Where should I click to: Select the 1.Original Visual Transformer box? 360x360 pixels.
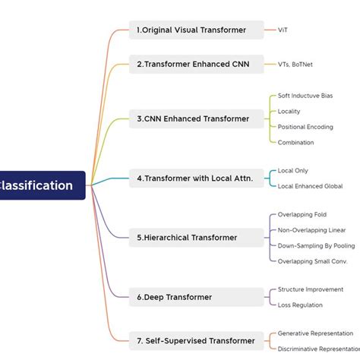point(196,30)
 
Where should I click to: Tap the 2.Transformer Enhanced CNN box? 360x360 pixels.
point(196,65)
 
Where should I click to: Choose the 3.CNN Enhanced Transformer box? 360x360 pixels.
point(196,118)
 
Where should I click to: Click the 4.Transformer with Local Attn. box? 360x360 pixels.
point(196,178)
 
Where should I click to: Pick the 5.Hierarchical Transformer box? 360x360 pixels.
point(196,238)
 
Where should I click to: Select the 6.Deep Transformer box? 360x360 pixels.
point(196,297)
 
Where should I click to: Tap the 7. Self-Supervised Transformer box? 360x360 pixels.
point(196,340)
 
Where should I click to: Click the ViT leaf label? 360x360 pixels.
point(283,30)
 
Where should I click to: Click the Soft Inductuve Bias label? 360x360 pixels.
point(305,96)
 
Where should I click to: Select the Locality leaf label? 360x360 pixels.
point(289,112)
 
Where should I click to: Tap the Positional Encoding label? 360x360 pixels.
point(305,127)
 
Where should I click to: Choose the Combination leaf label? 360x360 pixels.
point(295,142)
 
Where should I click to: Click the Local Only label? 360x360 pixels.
point(293,171)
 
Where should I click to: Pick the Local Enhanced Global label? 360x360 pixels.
point(310,186)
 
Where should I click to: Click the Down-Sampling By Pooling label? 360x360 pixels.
point(316,246)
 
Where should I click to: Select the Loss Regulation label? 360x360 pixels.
point(300,305)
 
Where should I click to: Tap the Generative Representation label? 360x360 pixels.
point(315,333)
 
